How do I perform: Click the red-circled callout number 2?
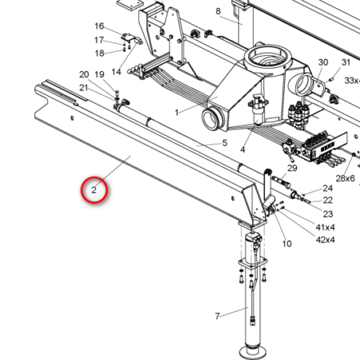[94, 190]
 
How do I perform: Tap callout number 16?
[99, 26]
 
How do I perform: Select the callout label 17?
[99, 40]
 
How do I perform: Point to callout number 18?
[99, 54]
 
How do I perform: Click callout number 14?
[116, 72]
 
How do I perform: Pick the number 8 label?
[218, 11]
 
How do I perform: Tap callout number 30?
[323, 62]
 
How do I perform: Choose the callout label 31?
[346, 62]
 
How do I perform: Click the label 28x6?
[346, 178]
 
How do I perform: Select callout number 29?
[292, 168]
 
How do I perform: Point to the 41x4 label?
[325, 227]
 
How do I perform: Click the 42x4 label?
[325, 240]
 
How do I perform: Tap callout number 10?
[287, 243]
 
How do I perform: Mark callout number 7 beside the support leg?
[218, 316]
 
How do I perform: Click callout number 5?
[225, 143]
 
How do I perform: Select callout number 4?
[242, 150]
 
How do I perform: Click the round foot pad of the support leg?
[254, 353]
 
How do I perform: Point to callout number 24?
[328, 188]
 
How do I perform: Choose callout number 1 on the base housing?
[177, 113]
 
